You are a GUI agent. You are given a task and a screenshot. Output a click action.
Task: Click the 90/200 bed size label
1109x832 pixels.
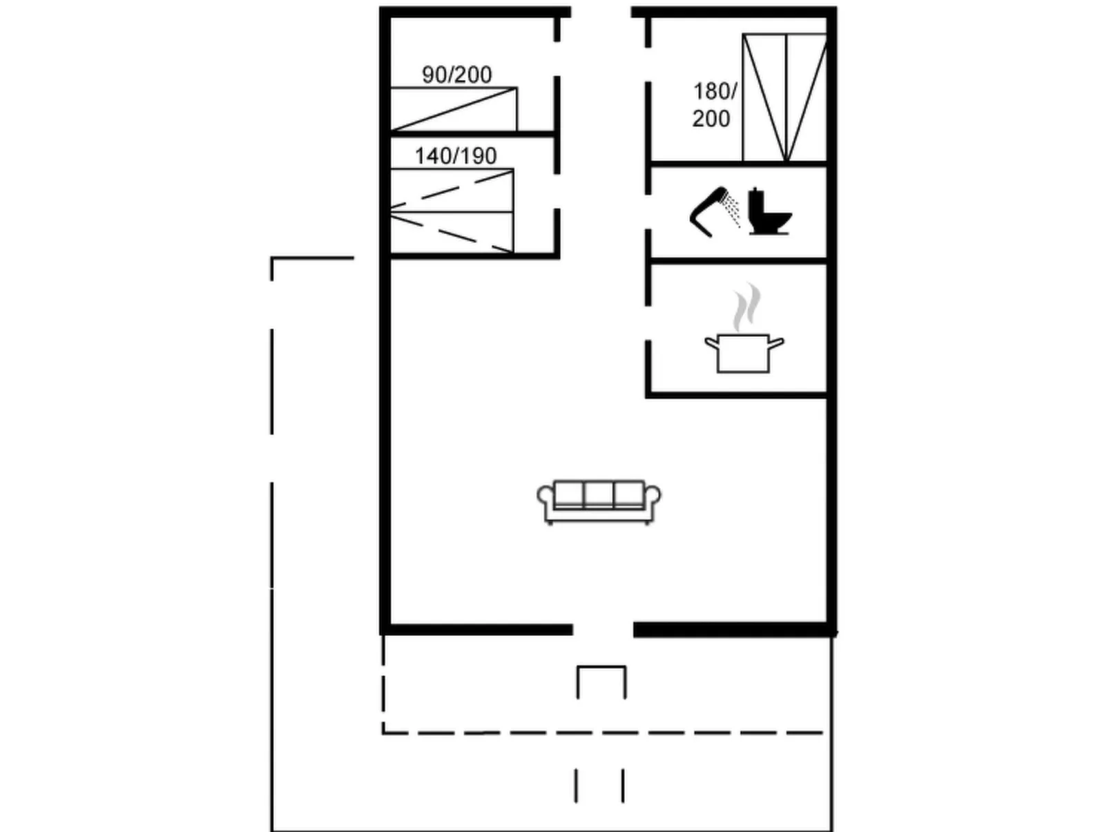[456, 75]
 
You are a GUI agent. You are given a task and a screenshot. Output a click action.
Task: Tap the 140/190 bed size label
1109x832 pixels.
[456, 156]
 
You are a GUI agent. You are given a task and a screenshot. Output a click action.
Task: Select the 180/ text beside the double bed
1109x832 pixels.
[715, 92]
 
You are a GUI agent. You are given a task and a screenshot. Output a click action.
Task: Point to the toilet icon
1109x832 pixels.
[769, 211]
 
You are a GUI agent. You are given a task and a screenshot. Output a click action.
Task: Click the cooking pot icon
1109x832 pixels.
[744, 353]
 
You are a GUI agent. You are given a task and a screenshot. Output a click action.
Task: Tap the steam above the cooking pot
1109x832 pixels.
[746, 307]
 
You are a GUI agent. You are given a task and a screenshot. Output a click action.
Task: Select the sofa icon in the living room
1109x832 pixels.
[599, 502]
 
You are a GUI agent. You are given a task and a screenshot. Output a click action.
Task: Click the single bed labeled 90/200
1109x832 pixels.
[454, 109]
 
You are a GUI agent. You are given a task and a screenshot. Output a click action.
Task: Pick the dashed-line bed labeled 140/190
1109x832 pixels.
[452, 211]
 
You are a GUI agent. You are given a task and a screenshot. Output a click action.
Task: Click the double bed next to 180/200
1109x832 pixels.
[784, 97]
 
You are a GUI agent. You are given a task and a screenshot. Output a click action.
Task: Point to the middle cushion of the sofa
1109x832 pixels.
[599, 494]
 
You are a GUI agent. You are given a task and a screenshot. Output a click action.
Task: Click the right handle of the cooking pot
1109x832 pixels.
[777, 343]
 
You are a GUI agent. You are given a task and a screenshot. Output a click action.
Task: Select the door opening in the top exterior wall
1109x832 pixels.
[601, 12]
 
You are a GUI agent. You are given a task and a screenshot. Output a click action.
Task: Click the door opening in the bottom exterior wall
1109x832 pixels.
[604, 630]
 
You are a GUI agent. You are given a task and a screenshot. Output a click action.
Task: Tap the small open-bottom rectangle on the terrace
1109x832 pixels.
[601, 667]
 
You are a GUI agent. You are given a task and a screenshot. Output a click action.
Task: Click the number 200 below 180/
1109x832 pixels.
[711, 119]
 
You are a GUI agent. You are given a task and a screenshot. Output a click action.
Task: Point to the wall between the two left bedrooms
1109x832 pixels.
[473, 134]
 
